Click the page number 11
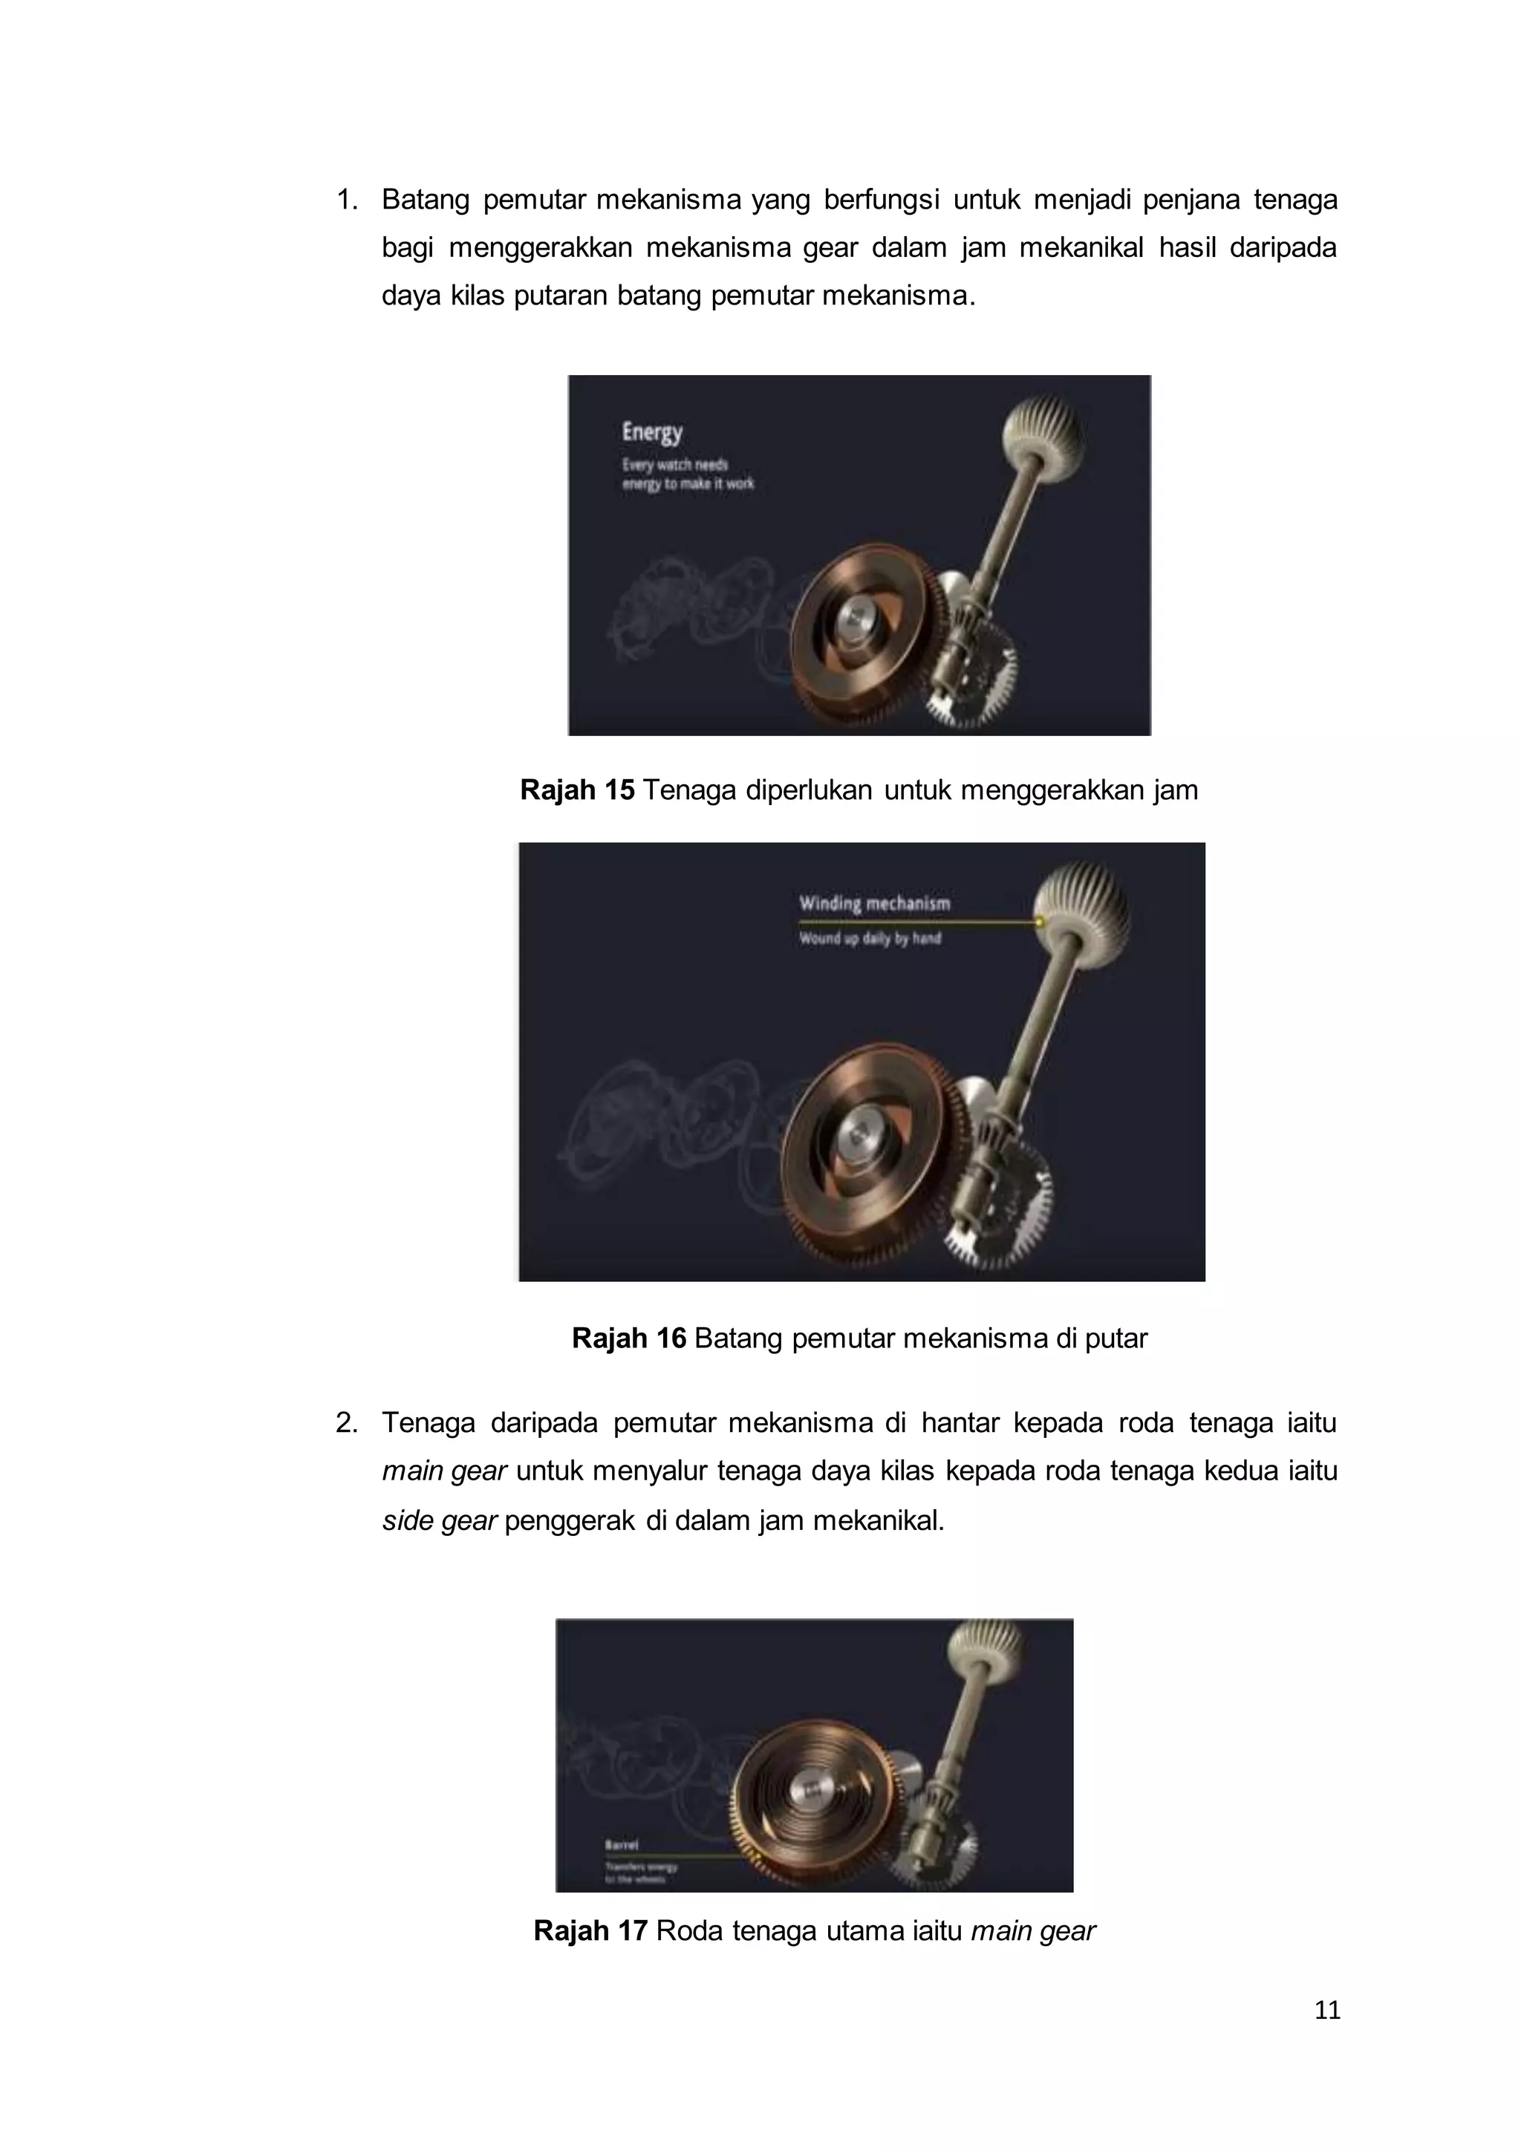[1327, 2010]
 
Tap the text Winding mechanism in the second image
[874, 903]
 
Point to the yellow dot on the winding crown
[1040, 922]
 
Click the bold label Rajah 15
[577, 790]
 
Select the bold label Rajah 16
[628, 1338]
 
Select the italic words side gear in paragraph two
[439, 1520]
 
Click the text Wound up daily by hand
[869, 938]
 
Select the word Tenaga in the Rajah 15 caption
[689, 790]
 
